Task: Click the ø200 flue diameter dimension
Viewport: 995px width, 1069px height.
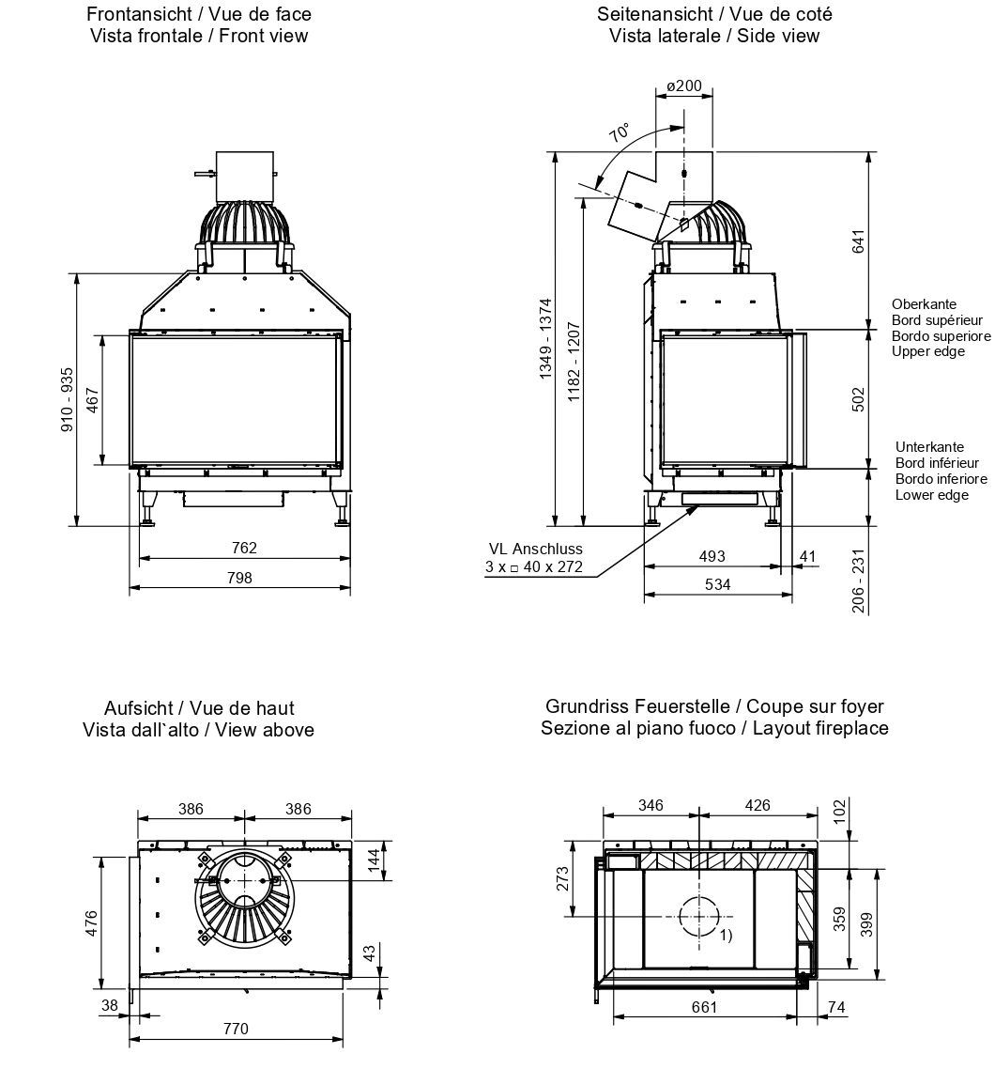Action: (683, 85)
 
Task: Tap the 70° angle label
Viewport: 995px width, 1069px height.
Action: (620, 132)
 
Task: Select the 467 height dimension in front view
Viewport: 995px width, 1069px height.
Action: (91, 399)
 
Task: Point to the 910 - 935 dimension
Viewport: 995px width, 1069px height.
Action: (66, 399)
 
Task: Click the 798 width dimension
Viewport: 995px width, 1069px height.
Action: (239, 578)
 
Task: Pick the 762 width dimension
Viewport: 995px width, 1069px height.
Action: (244, 548)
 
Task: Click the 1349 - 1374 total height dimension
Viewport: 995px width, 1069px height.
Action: (545, 339)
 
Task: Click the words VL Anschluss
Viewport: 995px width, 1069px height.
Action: (535, 550)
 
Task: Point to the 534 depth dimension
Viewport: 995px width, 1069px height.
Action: (717, 584)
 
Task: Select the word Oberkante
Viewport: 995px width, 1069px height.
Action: (924, 303)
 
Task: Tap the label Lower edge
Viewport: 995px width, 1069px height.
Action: (931, 495)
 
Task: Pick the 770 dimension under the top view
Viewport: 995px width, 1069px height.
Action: (237, 1029)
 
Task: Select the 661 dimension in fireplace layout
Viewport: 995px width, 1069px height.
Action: (704, 1008)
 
